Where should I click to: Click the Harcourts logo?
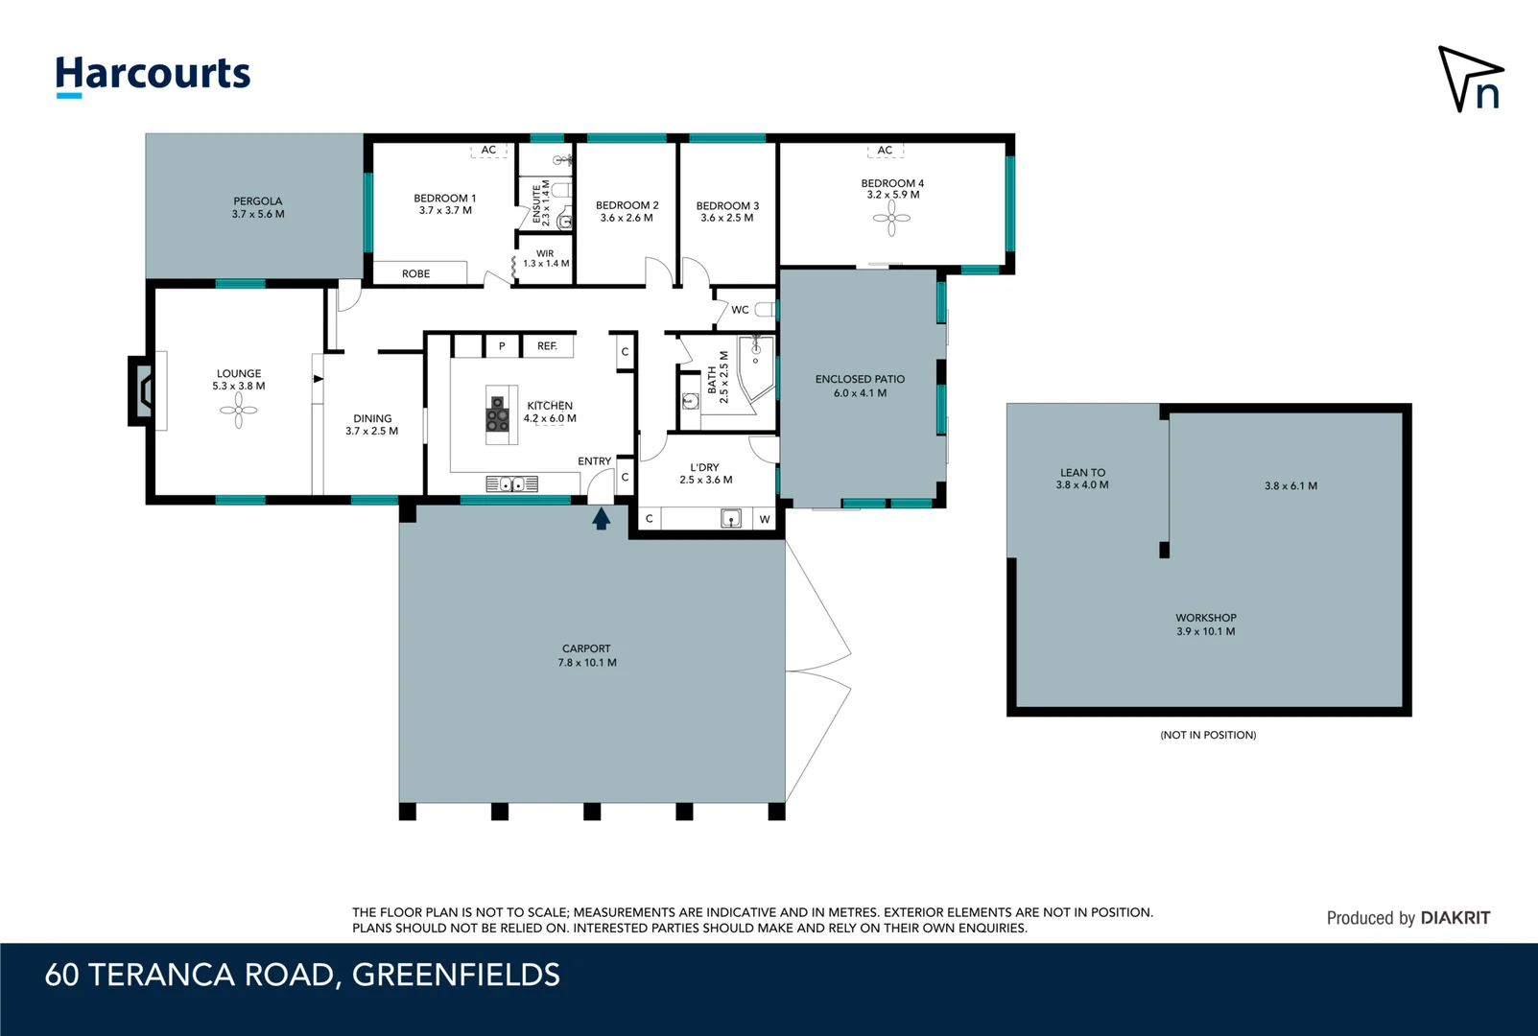pyautogui.click(x=153, y=76)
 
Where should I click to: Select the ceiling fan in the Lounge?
pyautogui.click(x=238, y=411)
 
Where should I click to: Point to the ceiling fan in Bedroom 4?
pyautogui.click(x=891, y=219)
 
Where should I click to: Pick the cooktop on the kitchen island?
pyautogui.click(x=498, y=414)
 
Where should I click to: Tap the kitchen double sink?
pyautogui.click(x=511, y=484)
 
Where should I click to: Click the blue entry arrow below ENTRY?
pyautogui.click(x=602, y=518)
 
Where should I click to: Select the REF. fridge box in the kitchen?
pyautogui.click(x=547, y=346)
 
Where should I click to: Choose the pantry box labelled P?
pyautogui.click(x=502, y=346)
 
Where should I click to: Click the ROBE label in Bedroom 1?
pyautogui.click(x=416, y=273)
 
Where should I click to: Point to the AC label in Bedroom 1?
pyautogui.click(x=488, y=150)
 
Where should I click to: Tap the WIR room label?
pyautogui.click(x=545, y=253)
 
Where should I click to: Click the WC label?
pyautogui.click(x=740, y=310)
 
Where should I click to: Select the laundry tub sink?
pyautogui.click(x=730, y=518)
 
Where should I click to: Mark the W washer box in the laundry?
pyautogui.click(x=764, y=519)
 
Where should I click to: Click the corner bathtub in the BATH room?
pyautogui.click(x=755, y=367)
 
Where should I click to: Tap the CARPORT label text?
pyautogui.click(x=586, y=648)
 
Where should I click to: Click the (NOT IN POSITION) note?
pyautogui.click(x=1209, y=735)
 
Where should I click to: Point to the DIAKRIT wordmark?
pyautogui.click(x=1455, y=918)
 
